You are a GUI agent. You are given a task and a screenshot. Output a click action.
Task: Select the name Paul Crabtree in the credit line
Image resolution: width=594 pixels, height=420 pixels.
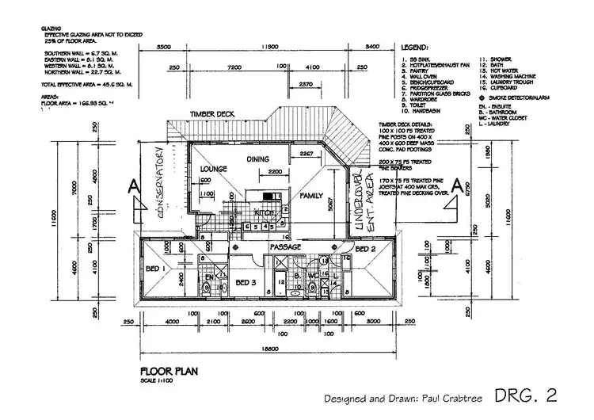point(441,397)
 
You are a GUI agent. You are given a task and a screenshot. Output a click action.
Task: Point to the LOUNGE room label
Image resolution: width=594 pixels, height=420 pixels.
point(214,170)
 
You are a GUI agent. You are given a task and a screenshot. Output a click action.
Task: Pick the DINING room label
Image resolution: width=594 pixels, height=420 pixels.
point(258,159)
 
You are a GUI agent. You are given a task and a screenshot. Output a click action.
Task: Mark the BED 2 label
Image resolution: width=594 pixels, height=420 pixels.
point(366,250)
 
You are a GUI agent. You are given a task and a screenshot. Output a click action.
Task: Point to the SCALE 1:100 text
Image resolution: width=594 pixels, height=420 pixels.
point(159,379)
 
